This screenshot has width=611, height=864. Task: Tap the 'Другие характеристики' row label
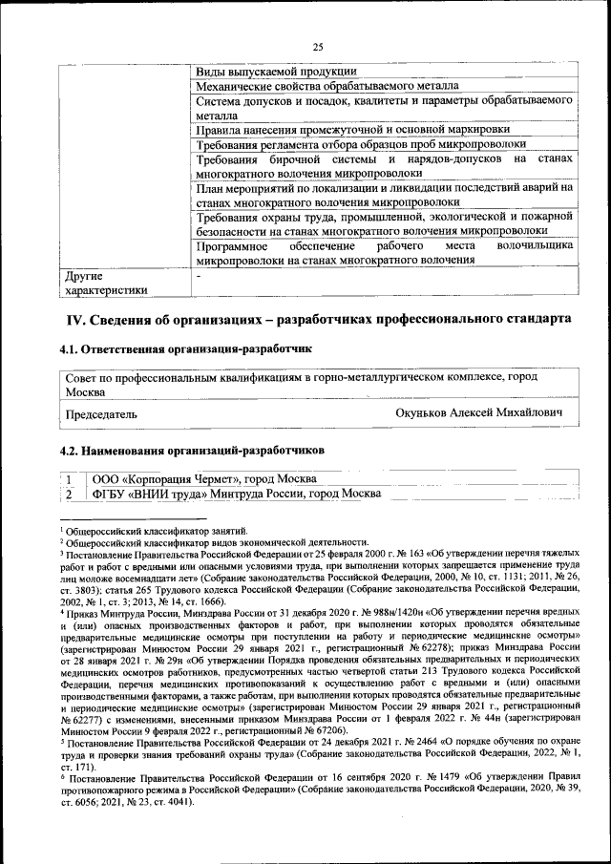click(106, 283)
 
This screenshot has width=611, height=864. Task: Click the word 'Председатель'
click(100, 415)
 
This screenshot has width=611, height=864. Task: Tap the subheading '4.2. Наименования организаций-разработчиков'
click(191, 449)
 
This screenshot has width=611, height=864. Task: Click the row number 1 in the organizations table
click(71, 478)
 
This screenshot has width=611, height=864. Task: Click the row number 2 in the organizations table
click(71, 494)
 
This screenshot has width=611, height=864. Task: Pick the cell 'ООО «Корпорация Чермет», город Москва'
click(203, 478)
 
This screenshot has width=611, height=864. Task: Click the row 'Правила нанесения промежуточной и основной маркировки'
click(352, 129)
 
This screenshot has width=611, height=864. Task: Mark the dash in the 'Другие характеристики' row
click(199, 276)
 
